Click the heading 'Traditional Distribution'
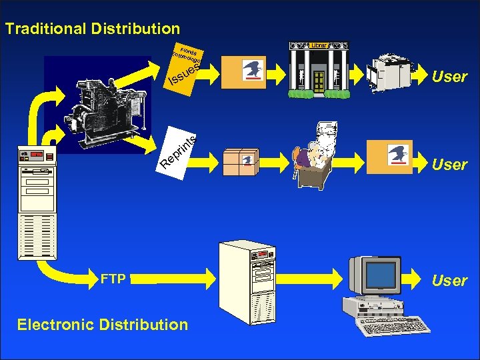tap(92, 29)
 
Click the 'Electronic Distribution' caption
tap(103, 325)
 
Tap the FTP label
tap(113, 279)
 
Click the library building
tap(319, 71)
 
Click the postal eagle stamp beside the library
tap(253, 69)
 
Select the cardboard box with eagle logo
tap(240, 159)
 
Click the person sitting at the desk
tap(307, 157)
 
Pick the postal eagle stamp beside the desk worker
tap(401, 155)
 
